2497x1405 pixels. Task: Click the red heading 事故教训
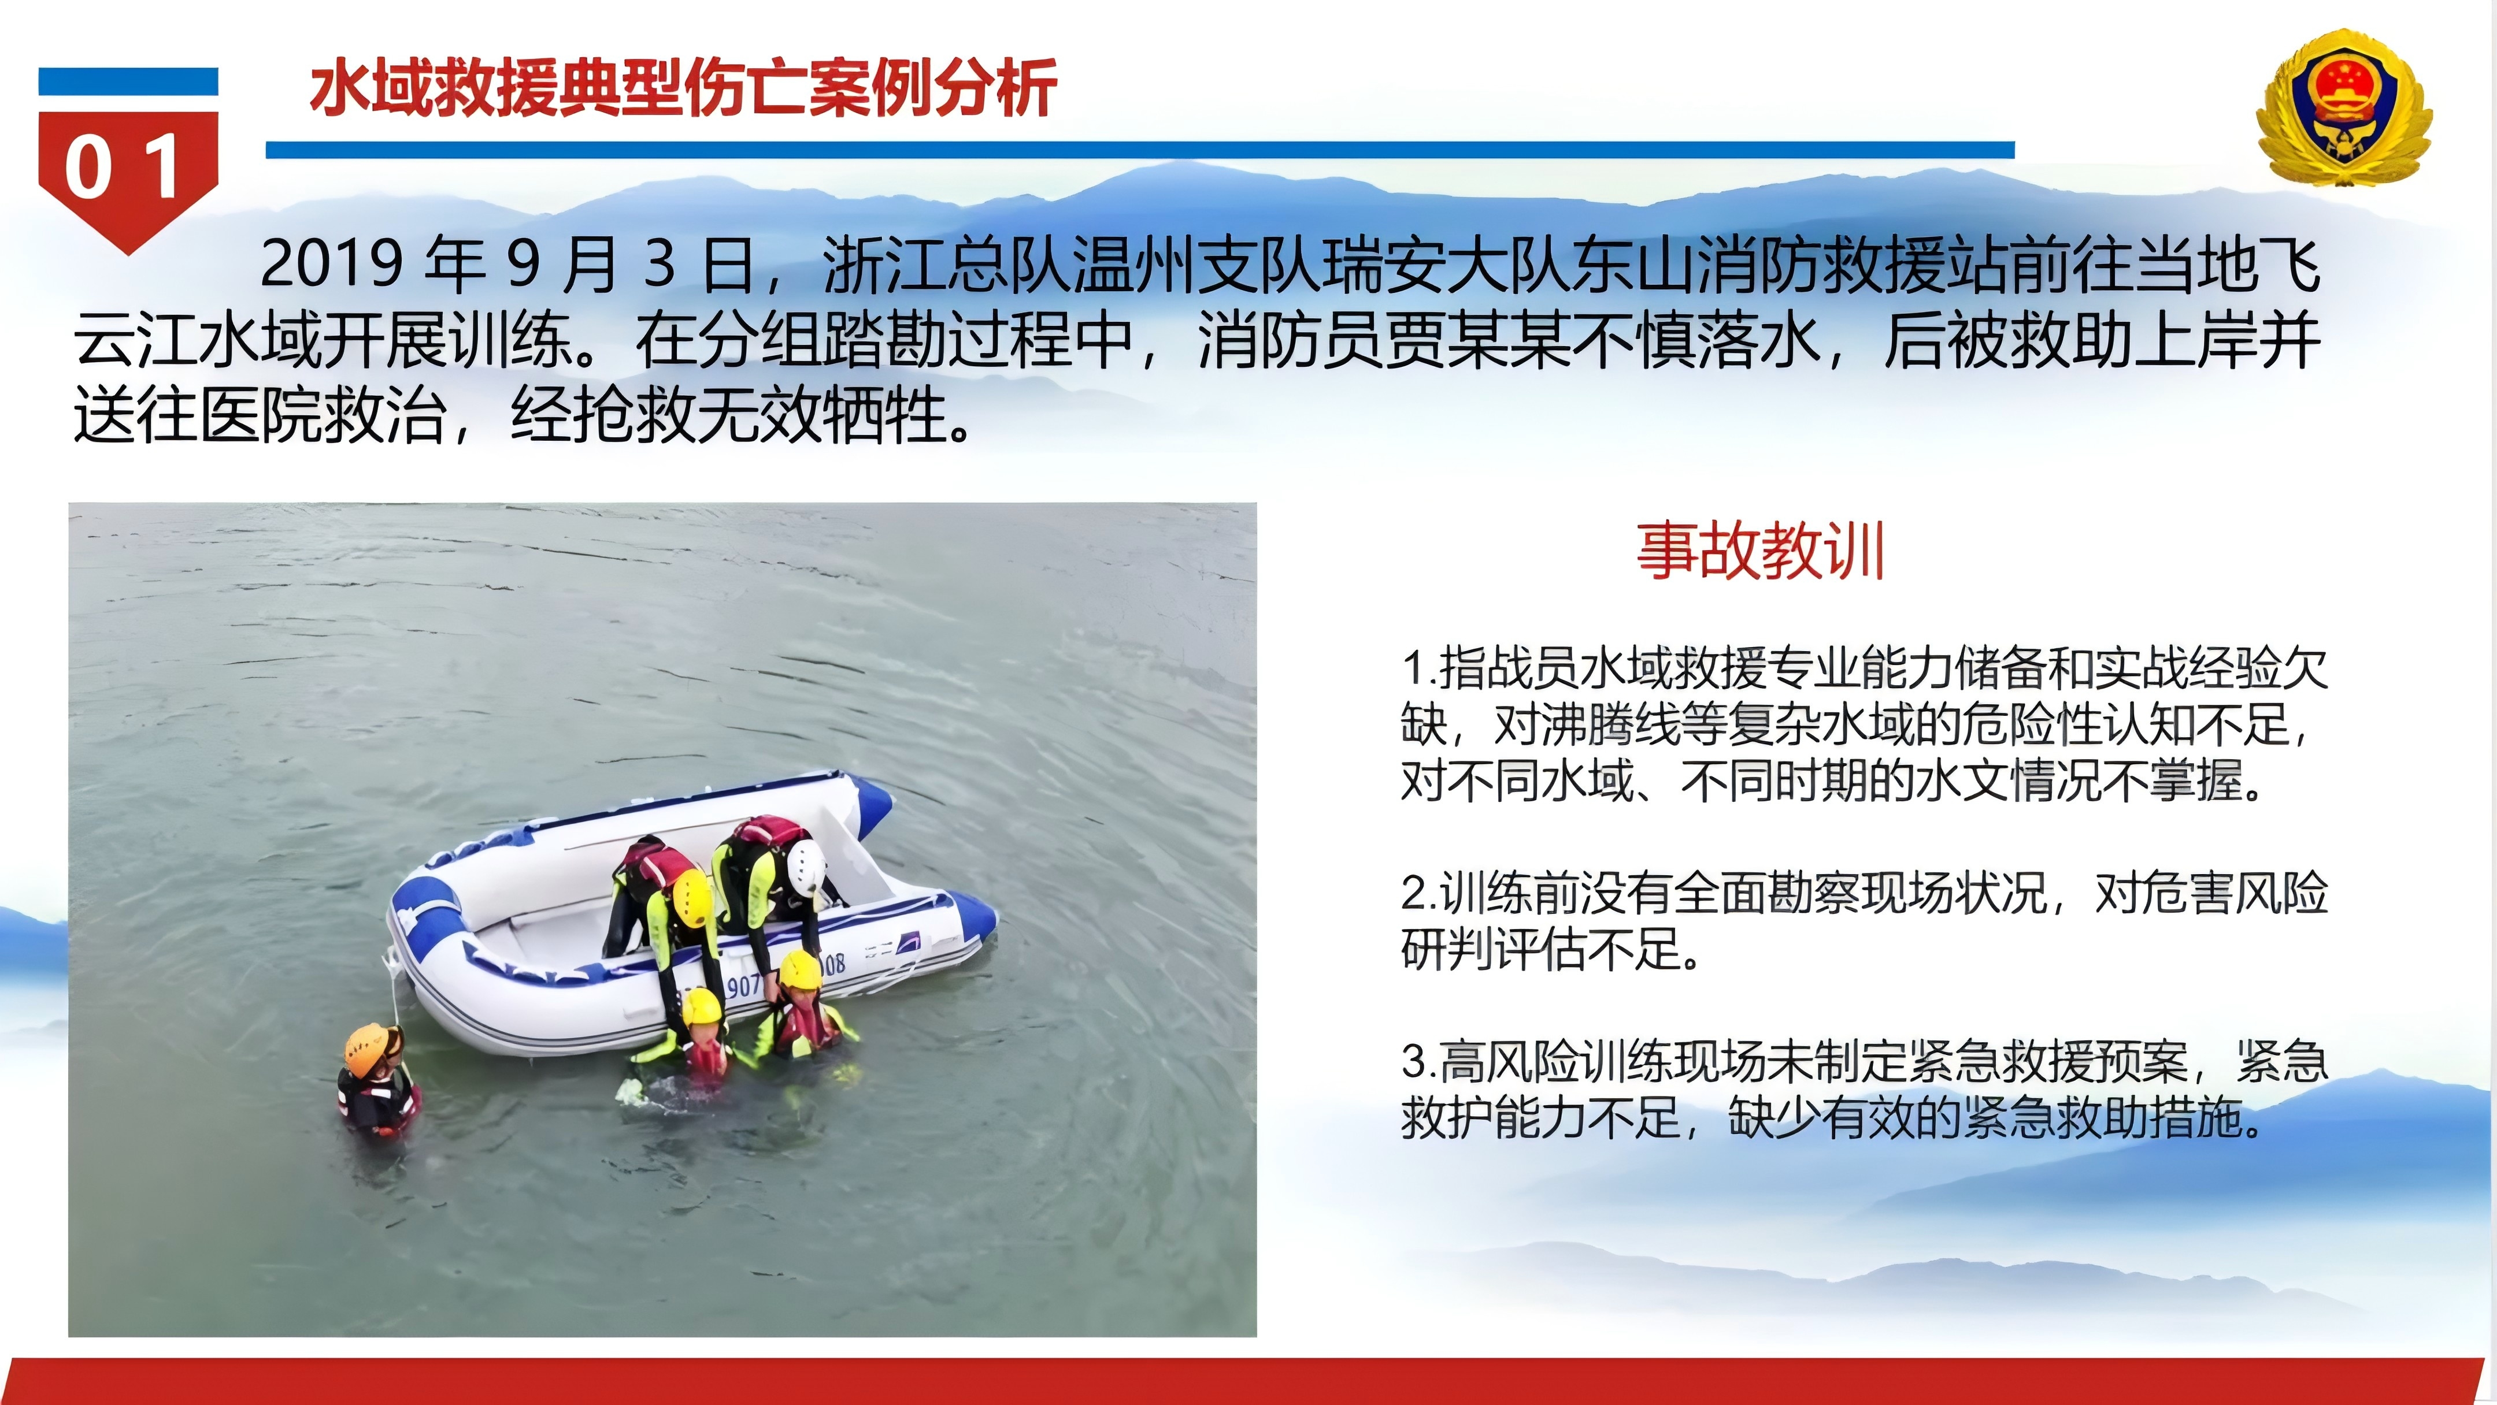pos(1760,551)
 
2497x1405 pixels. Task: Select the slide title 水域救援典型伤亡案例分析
pos(683,88)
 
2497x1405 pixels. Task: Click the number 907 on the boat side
pos(743,986)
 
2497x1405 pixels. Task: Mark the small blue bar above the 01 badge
pos(128,81)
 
